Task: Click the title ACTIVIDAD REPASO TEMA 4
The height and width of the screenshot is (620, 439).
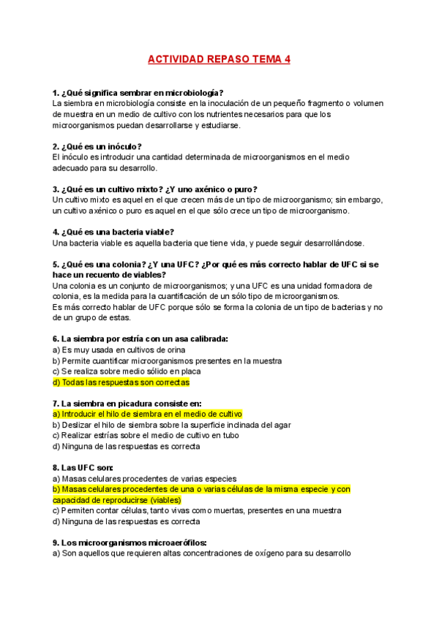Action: (219, 59)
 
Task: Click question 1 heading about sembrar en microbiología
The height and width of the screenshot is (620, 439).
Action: (138, 93)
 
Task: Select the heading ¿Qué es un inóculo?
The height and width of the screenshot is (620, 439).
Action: (97, 146)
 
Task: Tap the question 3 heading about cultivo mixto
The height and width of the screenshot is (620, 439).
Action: (155, 189)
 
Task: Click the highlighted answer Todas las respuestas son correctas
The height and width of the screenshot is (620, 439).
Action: (121, 382)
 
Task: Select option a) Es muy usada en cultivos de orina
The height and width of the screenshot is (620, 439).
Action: (119, 349)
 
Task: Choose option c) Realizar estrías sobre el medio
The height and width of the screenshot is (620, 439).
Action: (137, 435)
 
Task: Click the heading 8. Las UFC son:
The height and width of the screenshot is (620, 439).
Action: (83, 467)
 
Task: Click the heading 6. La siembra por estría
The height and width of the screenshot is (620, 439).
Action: (140, 339)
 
